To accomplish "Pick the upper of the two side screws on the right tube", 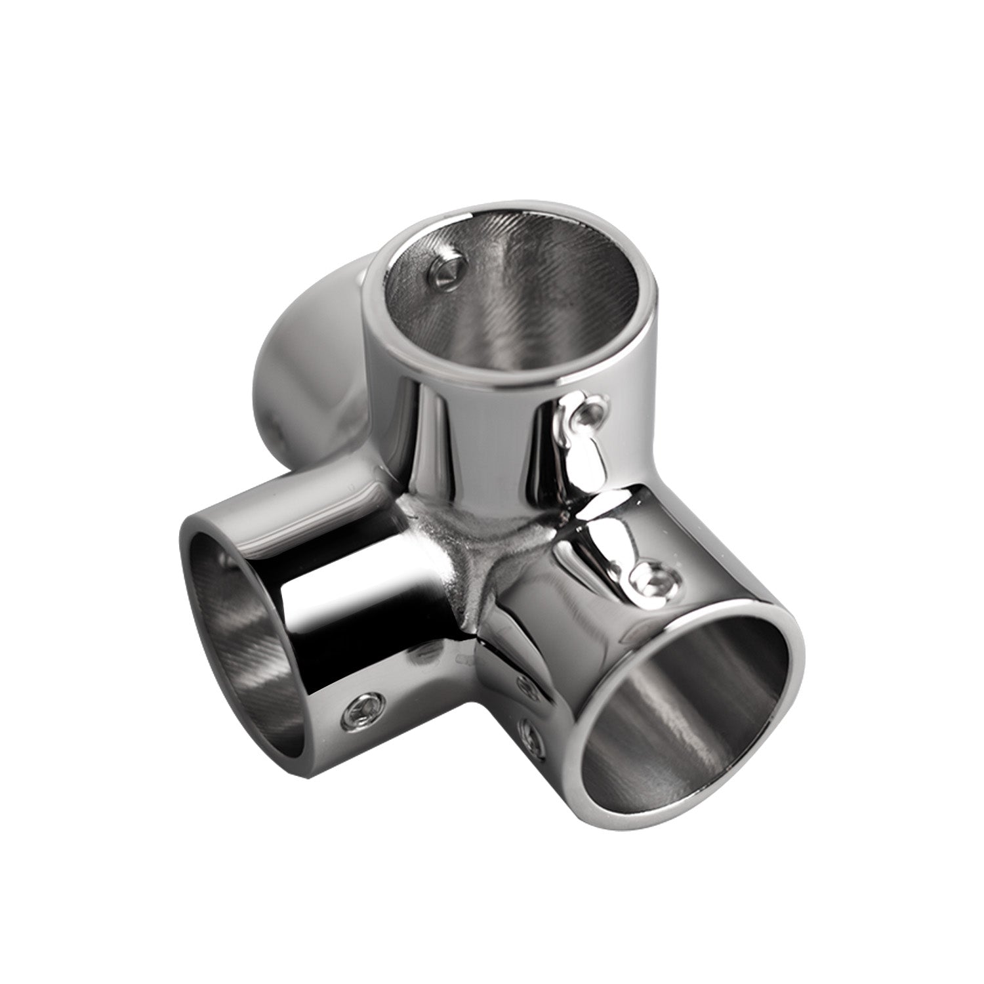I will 525,686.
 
